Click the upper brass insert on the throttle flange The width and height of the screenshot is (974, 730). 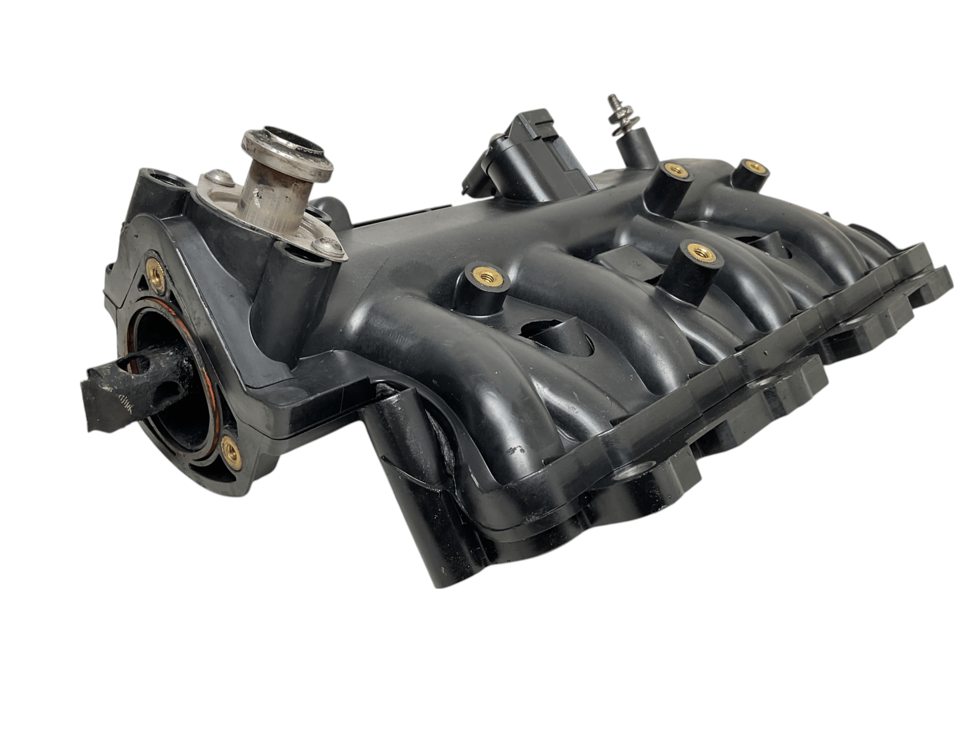click(155, 276)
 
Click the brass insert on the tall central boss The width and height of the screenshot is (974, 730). click(699, 252)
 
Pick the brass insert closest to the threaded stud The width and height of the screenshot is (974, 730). click(675, 170)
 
